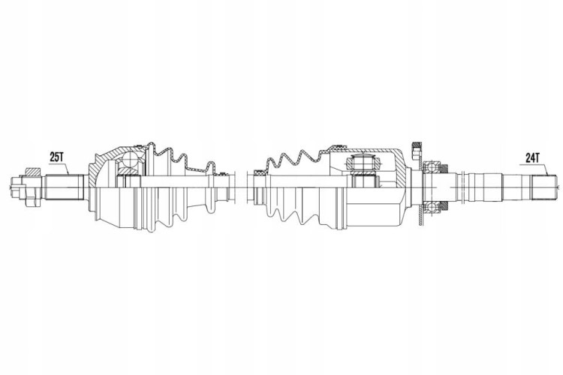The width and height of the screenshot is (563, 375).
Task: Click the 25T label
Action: [x=56, y=157]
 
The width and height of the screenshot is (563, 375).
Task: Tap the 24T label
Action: [x=532, y=158]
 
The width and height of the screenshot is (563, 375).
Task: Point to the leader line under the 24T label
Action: [x=534, y=168]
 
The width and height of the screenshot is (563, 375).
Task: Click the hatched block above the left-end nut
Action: [x=32, y=172]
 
